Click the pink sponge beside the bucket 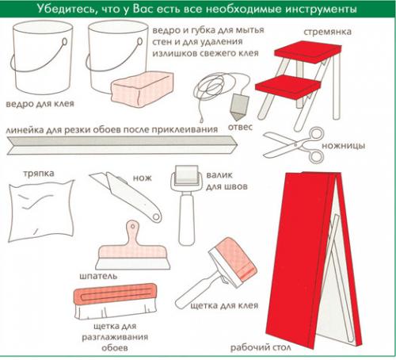tap(143, 87)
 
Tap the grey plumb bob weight tap(239, 106)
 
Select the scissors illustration tap(294, 144)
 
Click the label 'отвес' tap(240, 127)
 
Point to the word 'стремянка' tap(327, 32)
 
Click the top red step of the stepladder tap(308, 52)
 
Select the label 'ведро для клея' tap(40, 104)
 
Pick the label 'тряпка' tap(39, 174)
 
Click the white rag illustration tap(41, 211)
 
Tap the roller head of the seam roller tap(187, 174)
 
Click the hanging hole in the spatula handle tap(132, 226)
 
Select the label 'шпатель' tap(98, 276)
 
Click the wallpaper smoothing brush tap(116, 301)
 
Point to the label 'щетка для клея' tap(224, 306)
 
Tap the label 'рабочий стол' tap(261, 347)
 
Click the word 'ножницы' tap(344, 146)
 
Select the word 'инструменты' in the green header tap(321, 10)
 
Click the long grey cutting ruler tap(122, 145)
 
